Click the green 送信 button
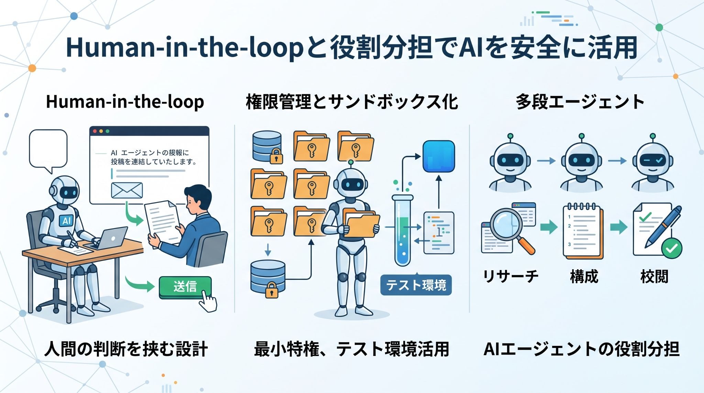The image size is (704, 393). (x=185, y=287)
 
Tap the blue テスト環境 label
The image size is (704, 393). (x=416, y=285)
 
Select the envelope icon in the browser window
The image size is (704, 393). (x=127, y=190)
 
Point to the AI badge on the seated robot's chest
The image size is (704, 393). (x=67, y=220)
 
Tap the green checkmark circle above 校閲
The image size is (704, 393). (x=672, y=248)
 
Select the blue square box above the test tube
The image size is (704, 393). (x=439, y=156)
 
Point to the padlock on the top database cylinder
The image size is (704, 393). (x=276, y=156)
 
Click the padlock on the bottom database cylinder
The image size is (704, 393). (x=272, y=290)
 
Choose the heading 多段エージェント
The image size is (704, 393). (x=580, y=102)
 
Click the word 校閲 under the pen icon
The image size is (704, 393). (x=654, y=276)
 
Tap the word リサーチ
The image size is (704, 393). (x=510, y=276)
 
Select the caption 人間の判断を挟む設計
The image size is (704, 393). (x=126, y=349)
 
